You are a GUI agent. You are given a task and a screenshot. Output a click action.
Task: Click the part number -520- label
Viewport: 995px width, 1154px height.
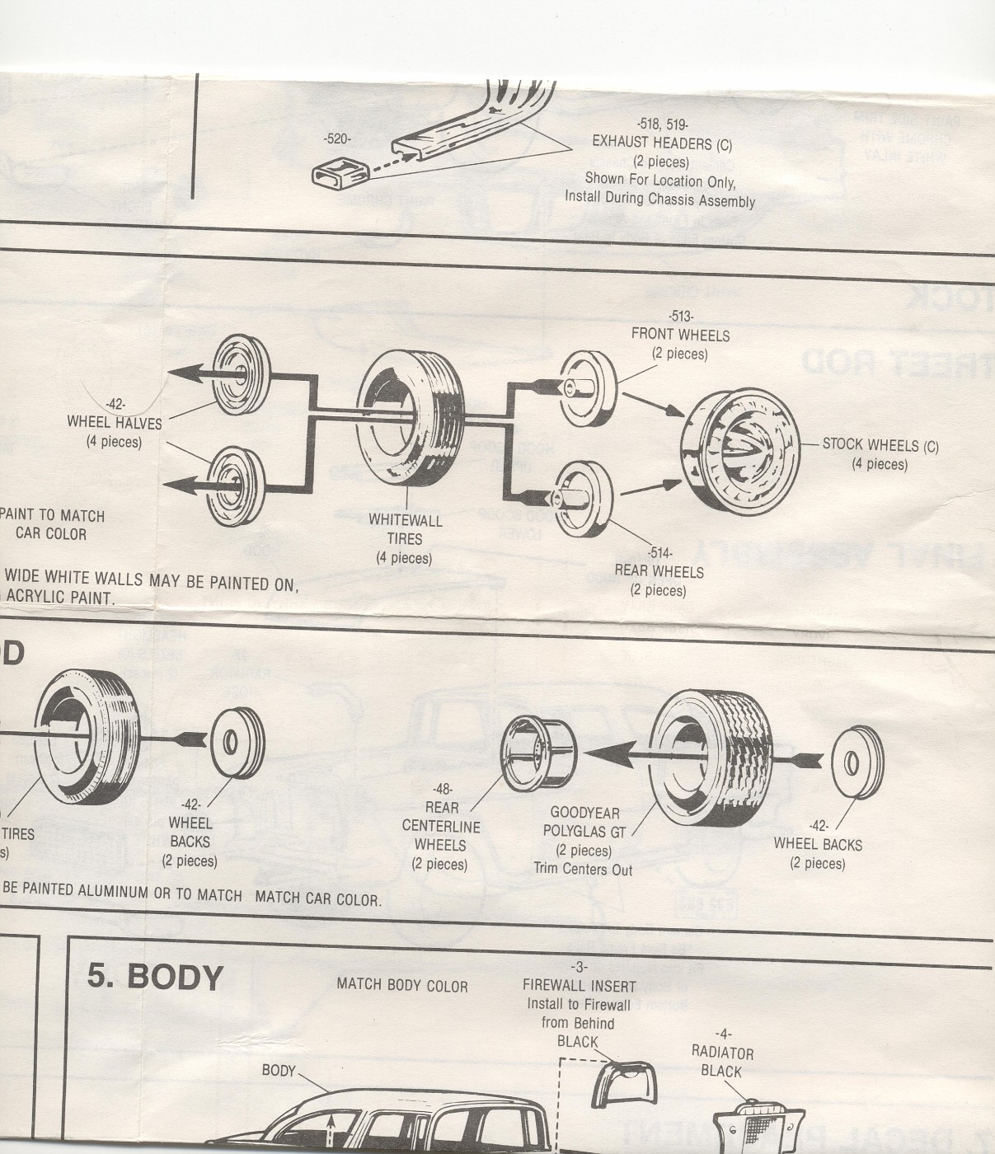pyautogui.click(x=336, y=139)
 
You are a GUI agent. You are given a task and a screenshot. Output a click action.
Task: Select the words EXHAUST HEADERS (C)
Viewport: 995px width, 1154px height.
pyautogui.click(x=661, y=143)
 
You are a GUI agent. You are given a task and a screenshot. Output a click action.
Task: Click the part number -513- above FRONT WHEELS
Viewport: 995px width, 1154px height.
pyautogui.click(x=681, y=317)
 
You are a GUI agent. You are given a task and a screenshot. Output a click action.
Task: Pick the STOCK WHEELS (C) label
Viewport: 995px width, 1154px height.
pyautogui.click(x=880, y=445)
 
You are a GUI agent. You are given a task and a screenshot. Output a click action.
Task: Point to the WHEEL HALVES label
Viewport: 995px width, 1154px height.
pyautogui.click(x=115, y=423)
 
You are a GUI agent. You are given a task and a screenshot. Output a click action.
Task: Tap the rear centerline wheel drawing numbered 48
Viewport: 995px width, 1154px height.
pyautogui.click(x=538, y=753)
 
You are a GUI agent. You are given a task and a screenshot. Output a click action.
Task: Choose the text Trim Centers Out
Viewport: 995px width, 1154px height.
pyautogui.click(x=583, y=869)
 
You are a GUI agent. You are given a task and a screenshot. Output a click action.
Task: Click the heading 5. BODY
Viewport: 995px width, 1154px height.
pyautogui.click(x=155, y=976)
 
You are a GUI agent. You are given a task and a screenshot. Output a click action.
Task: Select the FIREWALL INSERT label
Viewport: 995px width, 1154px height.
pyautogui.click(x=579, y=986)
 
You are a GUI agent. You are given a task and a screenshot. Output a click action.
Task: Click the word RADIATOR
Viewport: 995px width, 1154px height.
pyautogui.click(x=722, y=1053)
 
